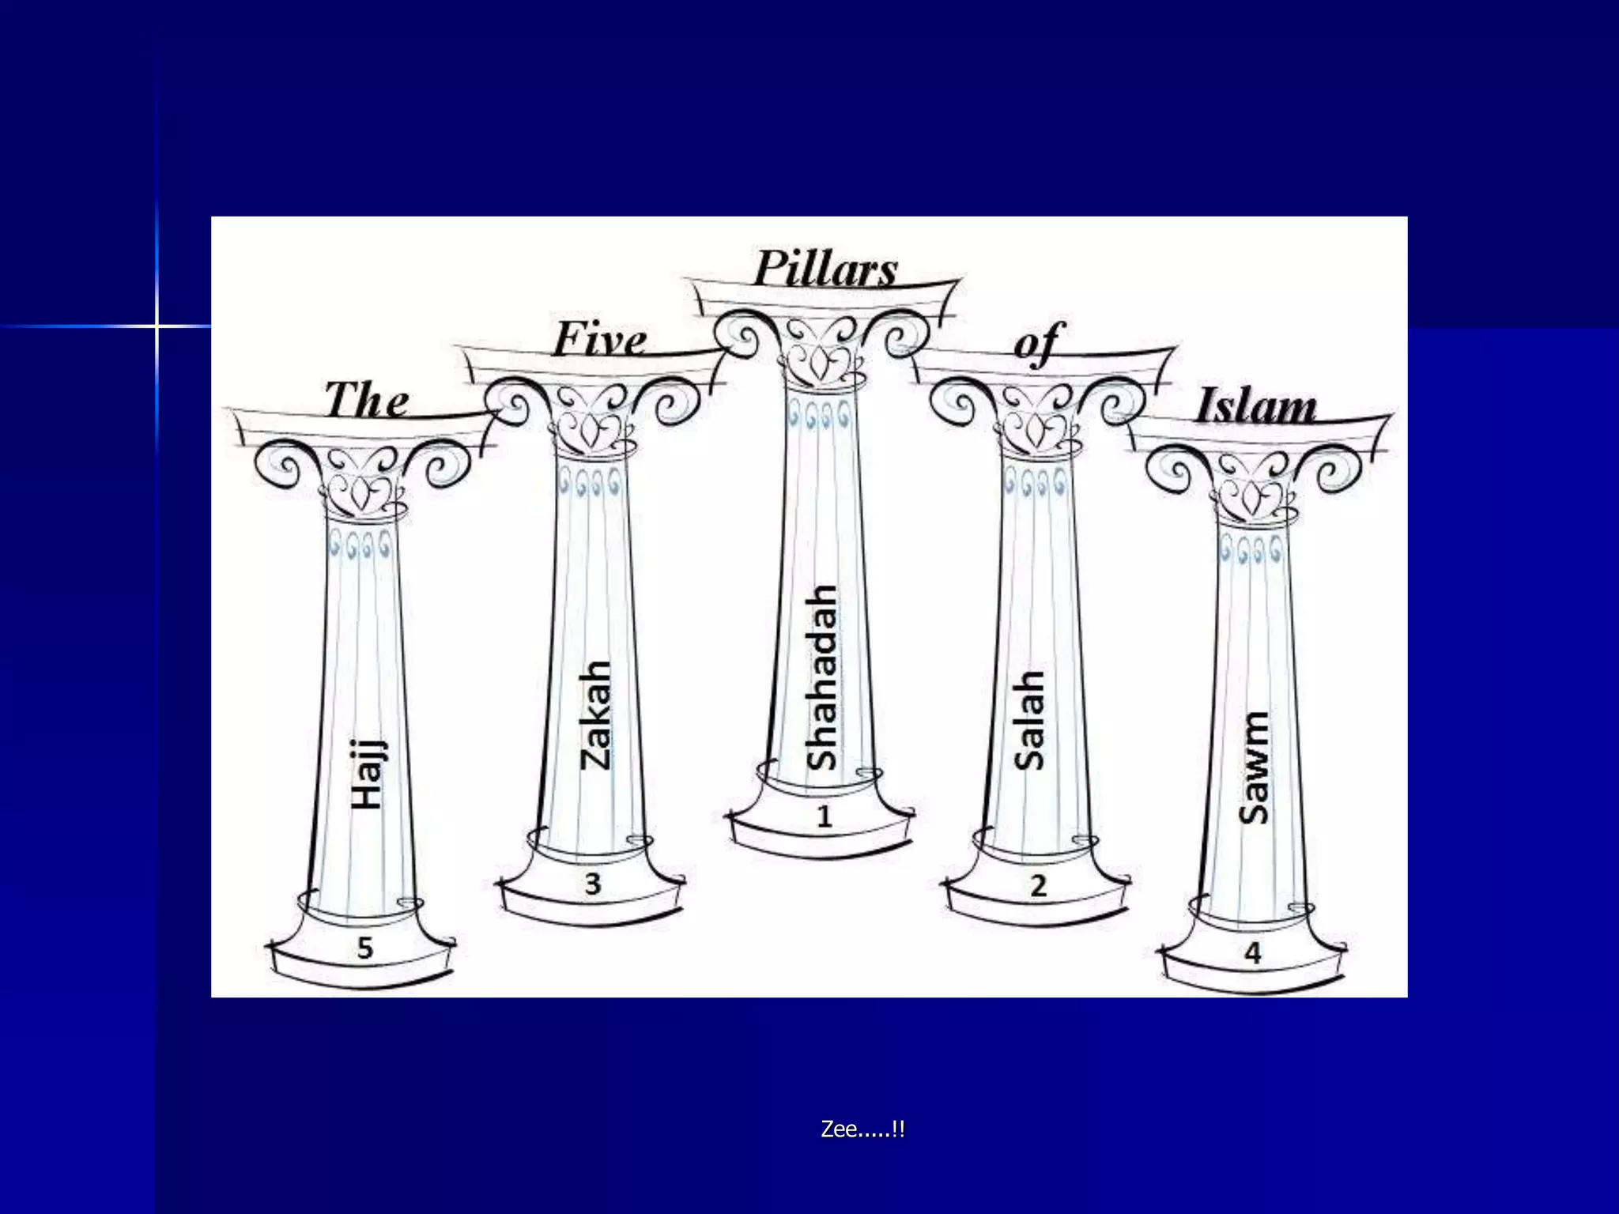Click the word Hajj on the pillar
click(368, 775)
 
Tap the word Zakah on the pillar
click(595, 715)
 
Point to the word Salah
click(1029, 720)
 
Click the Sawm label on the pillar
click(1254, 767)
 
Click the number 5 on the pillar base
click(364, 948)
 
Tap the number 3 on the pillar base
click(593, 884)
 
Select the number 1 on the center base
click(825, 816)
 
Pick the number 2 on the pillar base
click(1039, 885)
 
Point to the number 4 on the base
click(1253, 953)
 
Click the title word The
click(367, 399)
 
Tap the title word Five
click(600, 339)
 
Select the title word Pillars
click(825, 269)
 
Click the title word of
click(1039, 344)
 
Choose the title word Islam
click(1255, 406)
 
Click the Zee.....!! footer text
click(862, 1129)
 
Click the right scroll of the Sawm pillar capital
click(1338, 469)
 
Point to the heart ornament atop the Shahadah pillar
click(822, 362)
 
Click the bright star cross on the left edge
click(157, 326)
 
